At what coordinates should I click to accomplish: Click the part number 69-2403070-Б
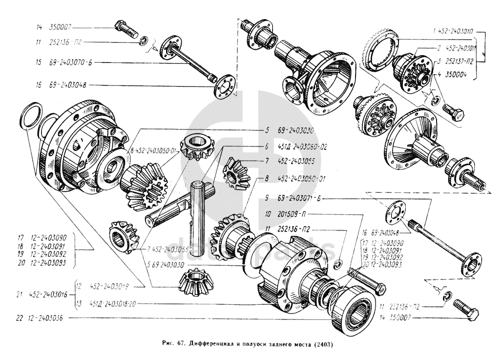[67, 62]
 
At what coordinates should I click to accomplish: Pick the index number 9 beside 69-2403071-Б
[268, 198]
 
